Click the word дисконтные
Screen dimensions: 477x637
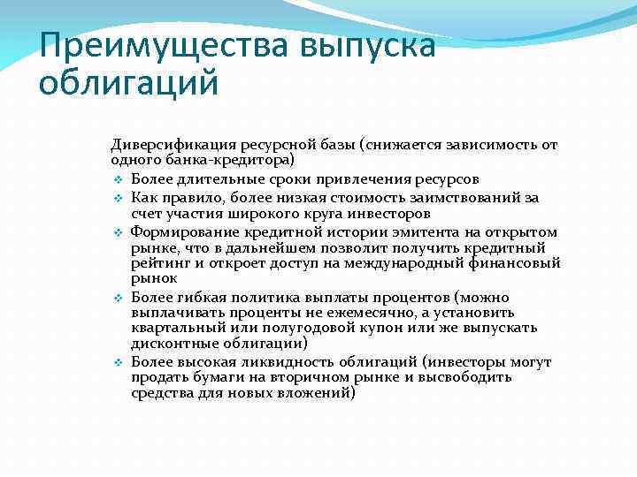(169, 344)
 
